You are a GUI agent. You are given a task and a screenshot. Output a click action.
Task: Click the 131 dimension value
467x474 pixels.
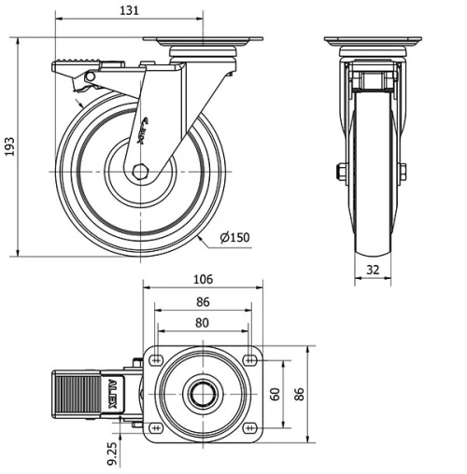tap(130, 10)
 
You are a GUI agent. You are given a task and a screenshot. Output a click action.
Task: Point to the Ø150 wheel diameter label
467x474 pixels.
tap(234, 238)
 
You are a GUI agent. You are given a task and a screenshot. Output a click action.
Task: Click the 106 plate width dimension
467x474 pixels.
tap(203, 279)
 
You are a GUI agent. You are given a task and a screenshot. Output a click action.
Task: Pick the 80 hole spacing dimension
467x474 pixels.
tap(203, 324)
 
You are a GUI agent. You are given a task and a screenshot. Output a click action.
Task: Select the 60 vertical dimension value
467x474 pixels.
tap(275, 393)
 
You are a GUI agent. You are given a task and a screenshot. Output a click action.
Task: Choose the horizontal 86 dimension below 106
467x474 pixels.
tap(203, 302)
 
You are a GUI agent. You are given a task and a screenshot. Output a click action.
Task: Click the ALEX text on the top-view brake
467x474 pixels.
tap(113, 393)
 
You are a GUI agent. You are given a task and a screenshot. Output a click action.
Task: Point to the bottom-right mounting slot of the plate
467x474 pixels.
tap(249, 427)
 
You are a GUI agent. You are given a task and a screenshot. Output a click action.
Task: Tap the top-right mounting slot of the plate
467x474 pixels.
tap(249, 359)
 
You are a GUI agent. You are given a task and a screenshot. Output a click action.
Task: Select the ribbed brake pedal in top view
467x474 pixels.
tap(74, 393)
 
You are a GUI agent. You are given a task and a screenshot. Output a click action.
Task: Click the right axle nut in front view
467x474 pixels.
tap(403, 172)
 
